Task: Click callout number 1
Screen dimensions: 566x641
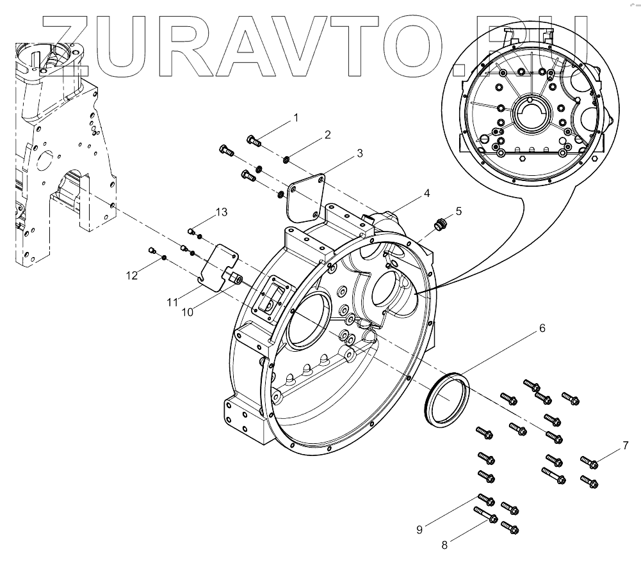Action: pyautogui.click(x=296, y=118)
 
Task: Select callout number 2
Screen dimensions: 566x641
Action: pyautogui.click(x=327, y=135)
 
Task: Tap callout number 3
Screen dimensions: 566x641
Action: pyautogui.click(x=359, y=153)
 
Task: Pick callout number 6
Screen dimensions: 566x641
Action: pyautogui.click(x=542, y=328)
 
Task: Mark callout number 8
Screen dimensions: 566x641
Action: pyautogui.click(x=444, y=545)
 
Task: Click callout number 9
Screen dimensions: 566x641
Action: pyautogui.click(x=419, y=529)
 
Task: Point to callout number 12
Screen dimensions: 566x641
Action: pyautogui.click(x=132, y=276)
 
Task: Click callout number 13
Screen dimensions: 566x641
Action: pyautogui.click(x=220, y=212)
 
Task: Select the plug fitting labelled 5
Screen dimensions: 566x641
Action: pyautogui.click(x=439, y=224)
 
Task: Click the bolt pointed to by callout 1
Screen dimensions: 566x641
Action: pyautogui.click(x=253, y=141)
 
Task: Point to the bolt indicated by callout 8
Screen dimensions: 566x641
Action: pyautogui.click(x=485, y=514)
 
